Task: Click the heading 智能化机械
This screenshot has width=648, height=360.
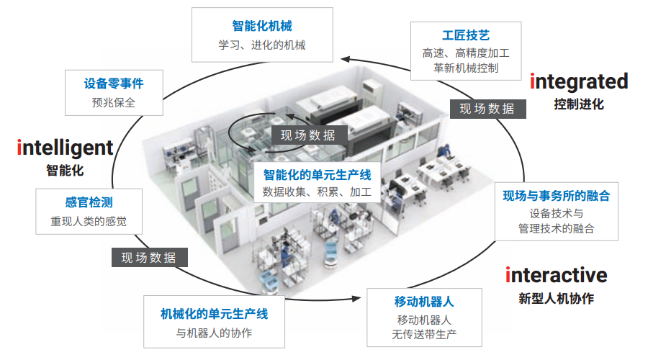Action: click(x=262, y=26)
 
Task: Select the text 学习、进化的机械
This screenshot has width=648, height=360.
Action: click(x=262, y=45)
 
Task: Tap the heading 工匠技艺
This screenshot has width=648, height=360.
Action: click(x=466, y=35)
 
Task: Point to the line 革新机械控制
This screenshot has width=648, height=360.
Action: click(x=466, y=68)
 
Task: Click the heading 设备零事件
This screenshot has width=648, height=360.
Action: click(x=114, y=84)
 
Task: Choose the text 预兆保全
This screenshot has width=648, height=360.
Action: click(x=114, y=102)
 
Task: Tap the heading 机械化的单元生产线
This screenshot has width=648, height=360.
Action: click(x=214, y=314)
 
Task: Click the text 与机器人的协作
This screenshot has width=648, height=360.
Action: click(x=214, y=333)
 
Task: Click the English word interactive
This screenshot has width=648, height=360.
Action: click(x=557, y=274)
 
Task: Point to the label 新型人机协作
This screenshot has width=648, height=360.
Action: click(x=557, y=298)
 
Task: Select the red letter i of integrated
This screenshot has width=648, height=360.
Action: click(x=533, y=81)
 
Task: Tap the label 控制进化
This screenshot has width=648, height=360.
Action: click(x=579, y=104)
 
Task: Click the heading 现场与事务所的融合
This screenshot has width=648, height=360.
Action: click(x=557, y=195)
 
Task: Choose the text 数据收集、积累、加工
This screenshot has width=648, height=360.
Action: click(x=317, y=192)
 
